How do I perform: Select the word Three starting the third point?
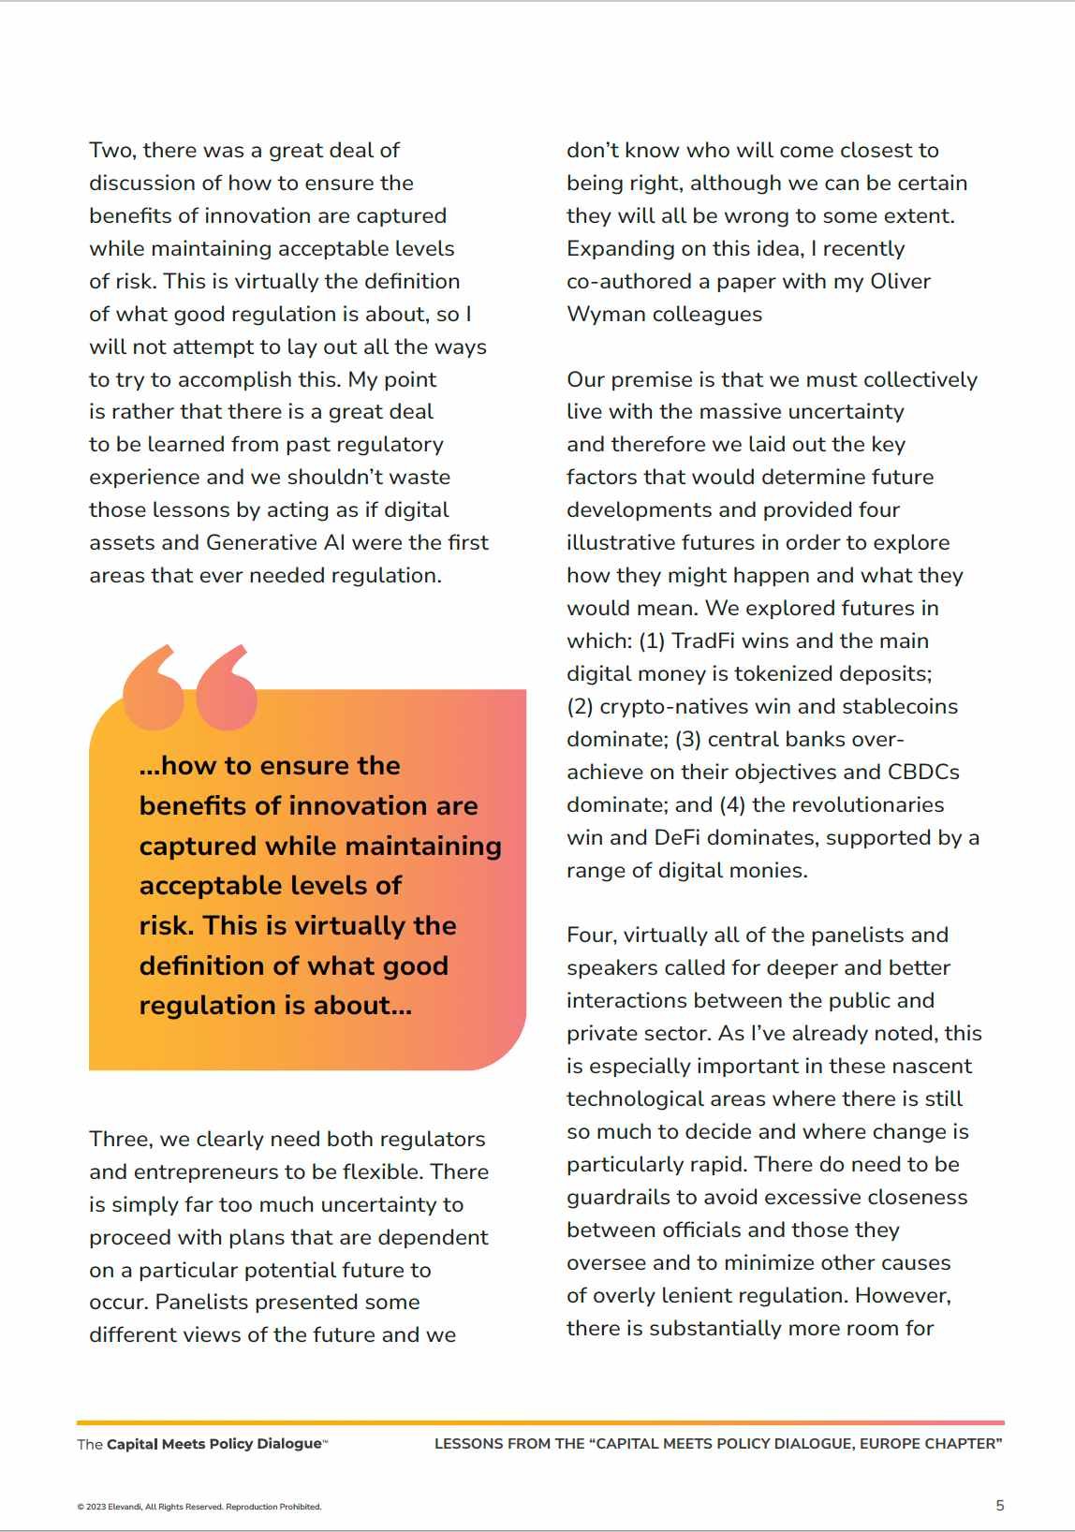coord(122,1140)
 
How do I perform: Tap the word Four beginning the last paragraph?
coord(592,935)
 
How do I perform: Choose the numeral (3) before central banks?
coord(687,740)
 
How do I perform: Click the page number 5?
coord(999,1506)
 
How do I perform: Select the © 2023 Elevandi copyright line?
coord(199,1507)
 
